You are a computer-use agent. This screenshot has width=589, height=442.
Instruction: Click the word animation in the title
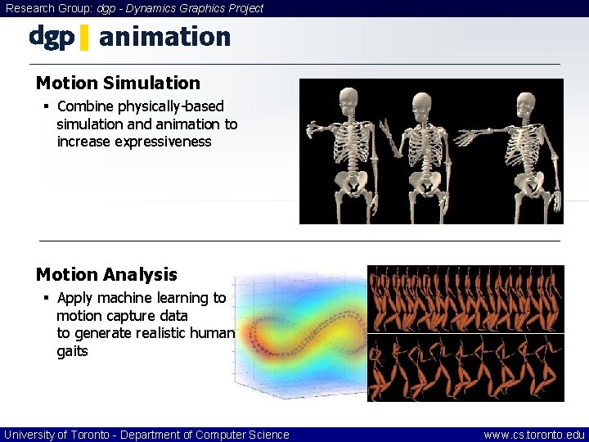164,37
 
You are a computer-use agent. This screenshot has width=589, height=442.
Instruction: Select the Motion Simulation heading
118,83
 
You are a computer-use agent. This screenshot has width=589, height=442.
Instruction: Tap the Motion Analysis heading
106,275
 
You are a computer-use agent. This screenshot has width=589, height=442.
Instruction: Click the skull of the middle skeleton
422,104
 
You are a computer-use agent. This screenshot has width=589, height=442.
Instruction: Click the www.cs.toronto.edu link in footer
534,435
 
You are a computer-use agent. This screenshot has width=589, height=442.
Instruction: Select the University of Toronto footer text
146,435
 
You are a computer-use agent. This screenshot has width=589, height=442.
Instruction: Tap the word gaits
72,351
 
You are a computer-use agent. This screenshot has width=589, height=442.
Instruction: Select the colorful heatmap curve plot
299,336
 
